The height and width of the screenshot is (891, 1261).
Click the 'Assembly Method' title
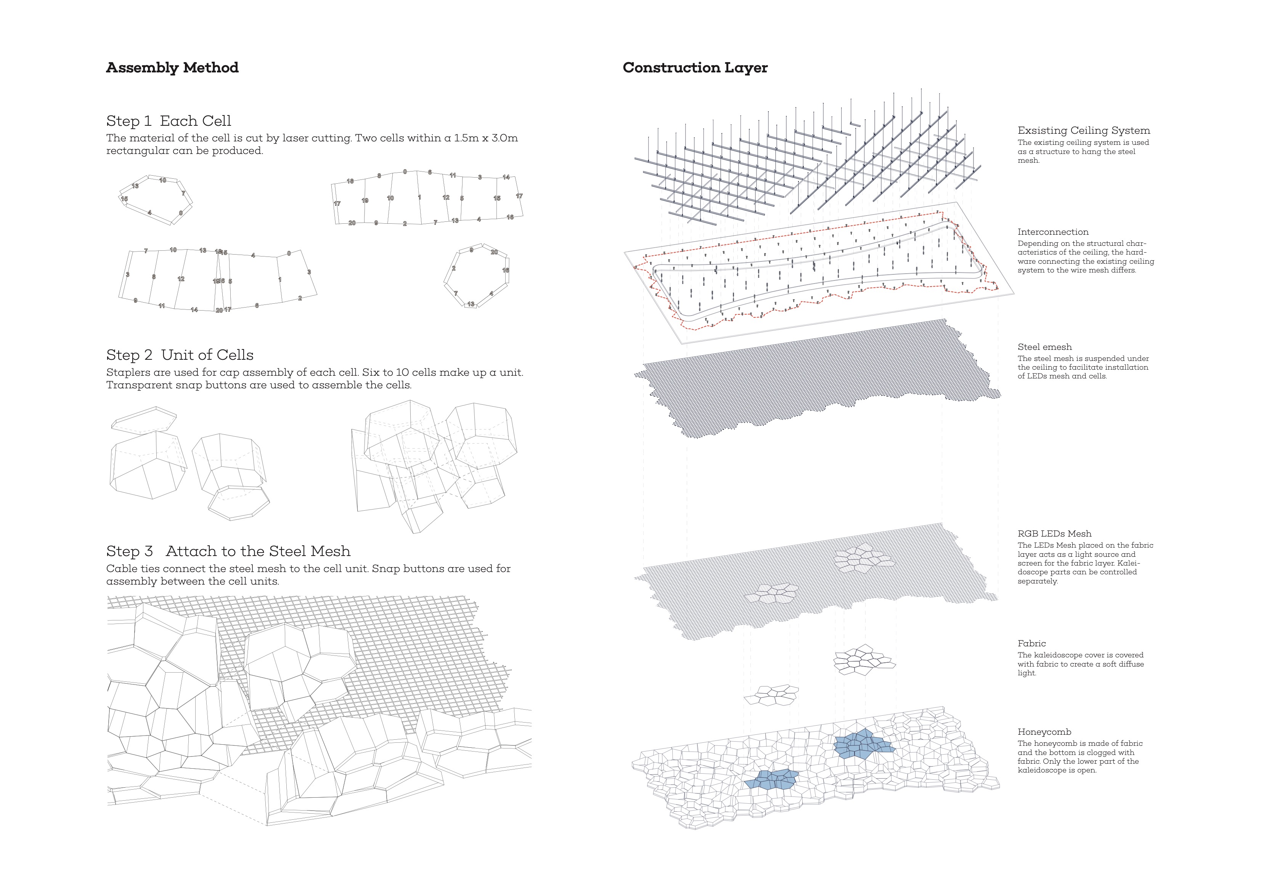click(172, 67)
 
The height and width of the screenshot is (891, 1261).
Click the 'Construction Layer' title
click(695, 67)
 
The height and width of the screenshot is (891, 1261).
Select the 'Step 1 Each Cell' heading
click(169, 121)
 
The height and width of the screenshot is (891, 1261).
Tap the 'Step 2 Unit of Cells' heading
click(180, 355)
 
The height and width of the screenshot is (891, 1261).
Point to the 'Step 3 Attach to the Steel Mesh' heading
click(228, 551)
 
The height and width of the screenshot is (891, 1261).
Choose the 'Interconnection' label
click(1053, 232)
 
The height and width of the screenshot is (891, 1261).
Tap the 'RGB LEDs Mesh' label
click(1054, 534)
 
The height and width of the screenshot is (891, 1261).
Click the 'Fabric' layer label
click(1031, 643)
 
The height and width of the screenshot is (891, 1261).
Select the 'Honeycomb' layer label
click(1044, 732)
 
